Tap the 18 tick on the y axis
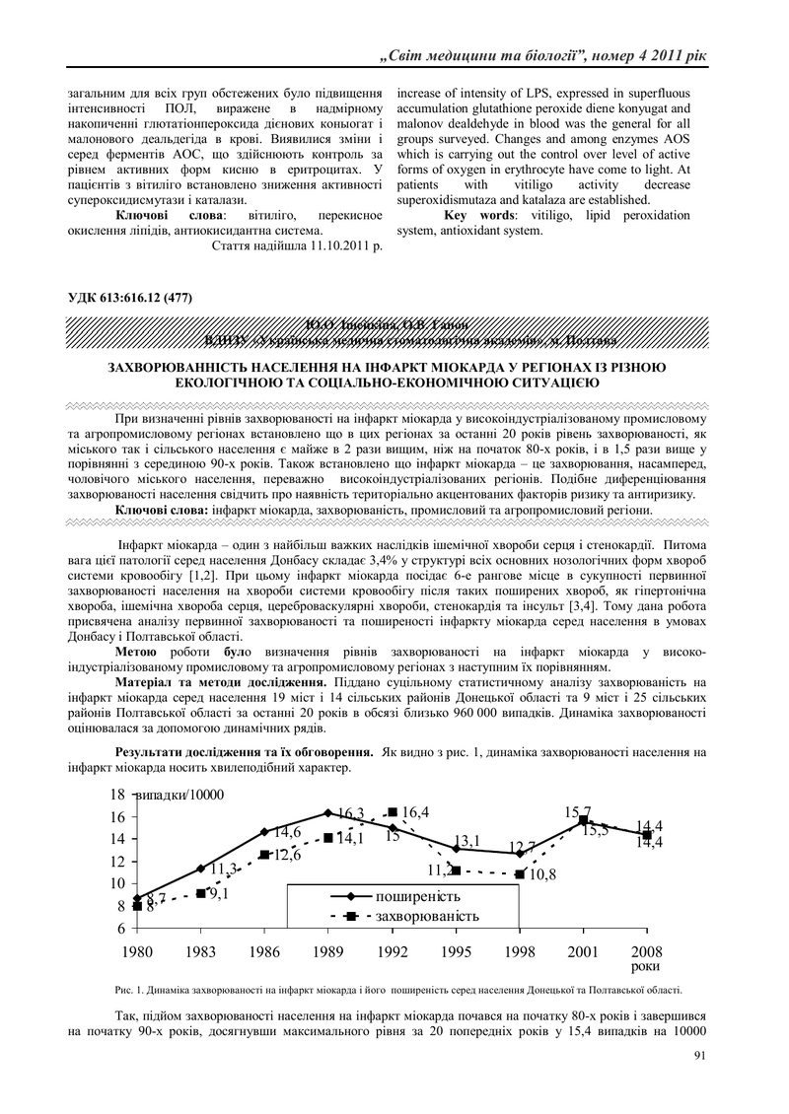(115, 795)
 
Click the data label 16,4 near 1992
(415, 812)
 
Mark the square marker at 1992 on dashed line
(393, 811)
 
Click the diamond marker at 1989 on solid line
(328, 813)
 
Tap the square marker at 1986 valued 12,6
(264, 855)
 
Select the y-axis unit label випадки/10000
(178, 796)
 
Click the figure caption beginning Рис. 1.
(394, 990)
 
